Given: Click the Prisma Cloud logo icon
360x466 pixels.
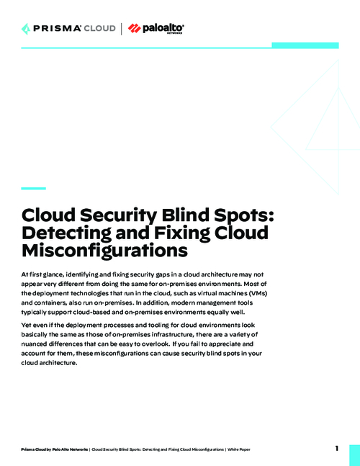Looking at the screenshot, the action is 27,29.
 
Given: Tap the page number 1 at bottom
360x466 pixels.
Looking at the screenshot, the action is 336,449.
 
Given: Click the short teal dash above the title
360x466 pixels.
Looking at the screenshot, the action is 33,189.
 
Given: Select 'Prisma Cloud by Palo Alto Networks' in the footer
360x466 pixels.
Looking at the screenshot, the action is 55,449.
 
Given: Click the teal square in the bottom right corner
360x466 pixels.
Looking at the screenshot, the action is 354,455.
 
